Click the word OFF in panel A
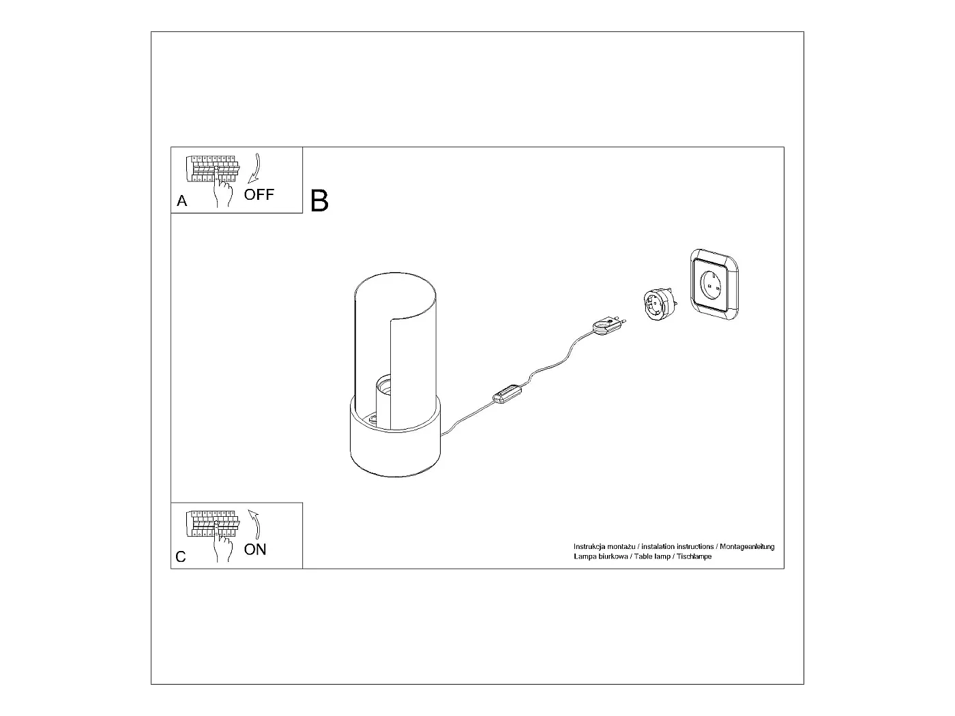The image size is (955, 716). pos(259,195)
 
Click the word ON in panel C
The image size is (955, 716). pos(255,550)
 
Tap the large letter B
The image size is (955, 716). pos(319,201)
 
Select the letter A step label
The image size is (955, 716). pos(181,201)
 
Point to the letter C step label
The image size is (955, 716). pos(181,557)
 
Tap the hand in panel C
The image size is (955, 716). pos(223,545)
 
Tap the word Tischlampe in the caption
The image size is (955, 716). pos(694,556)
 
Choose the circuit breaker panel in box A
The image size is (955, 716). pos(211,169)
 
